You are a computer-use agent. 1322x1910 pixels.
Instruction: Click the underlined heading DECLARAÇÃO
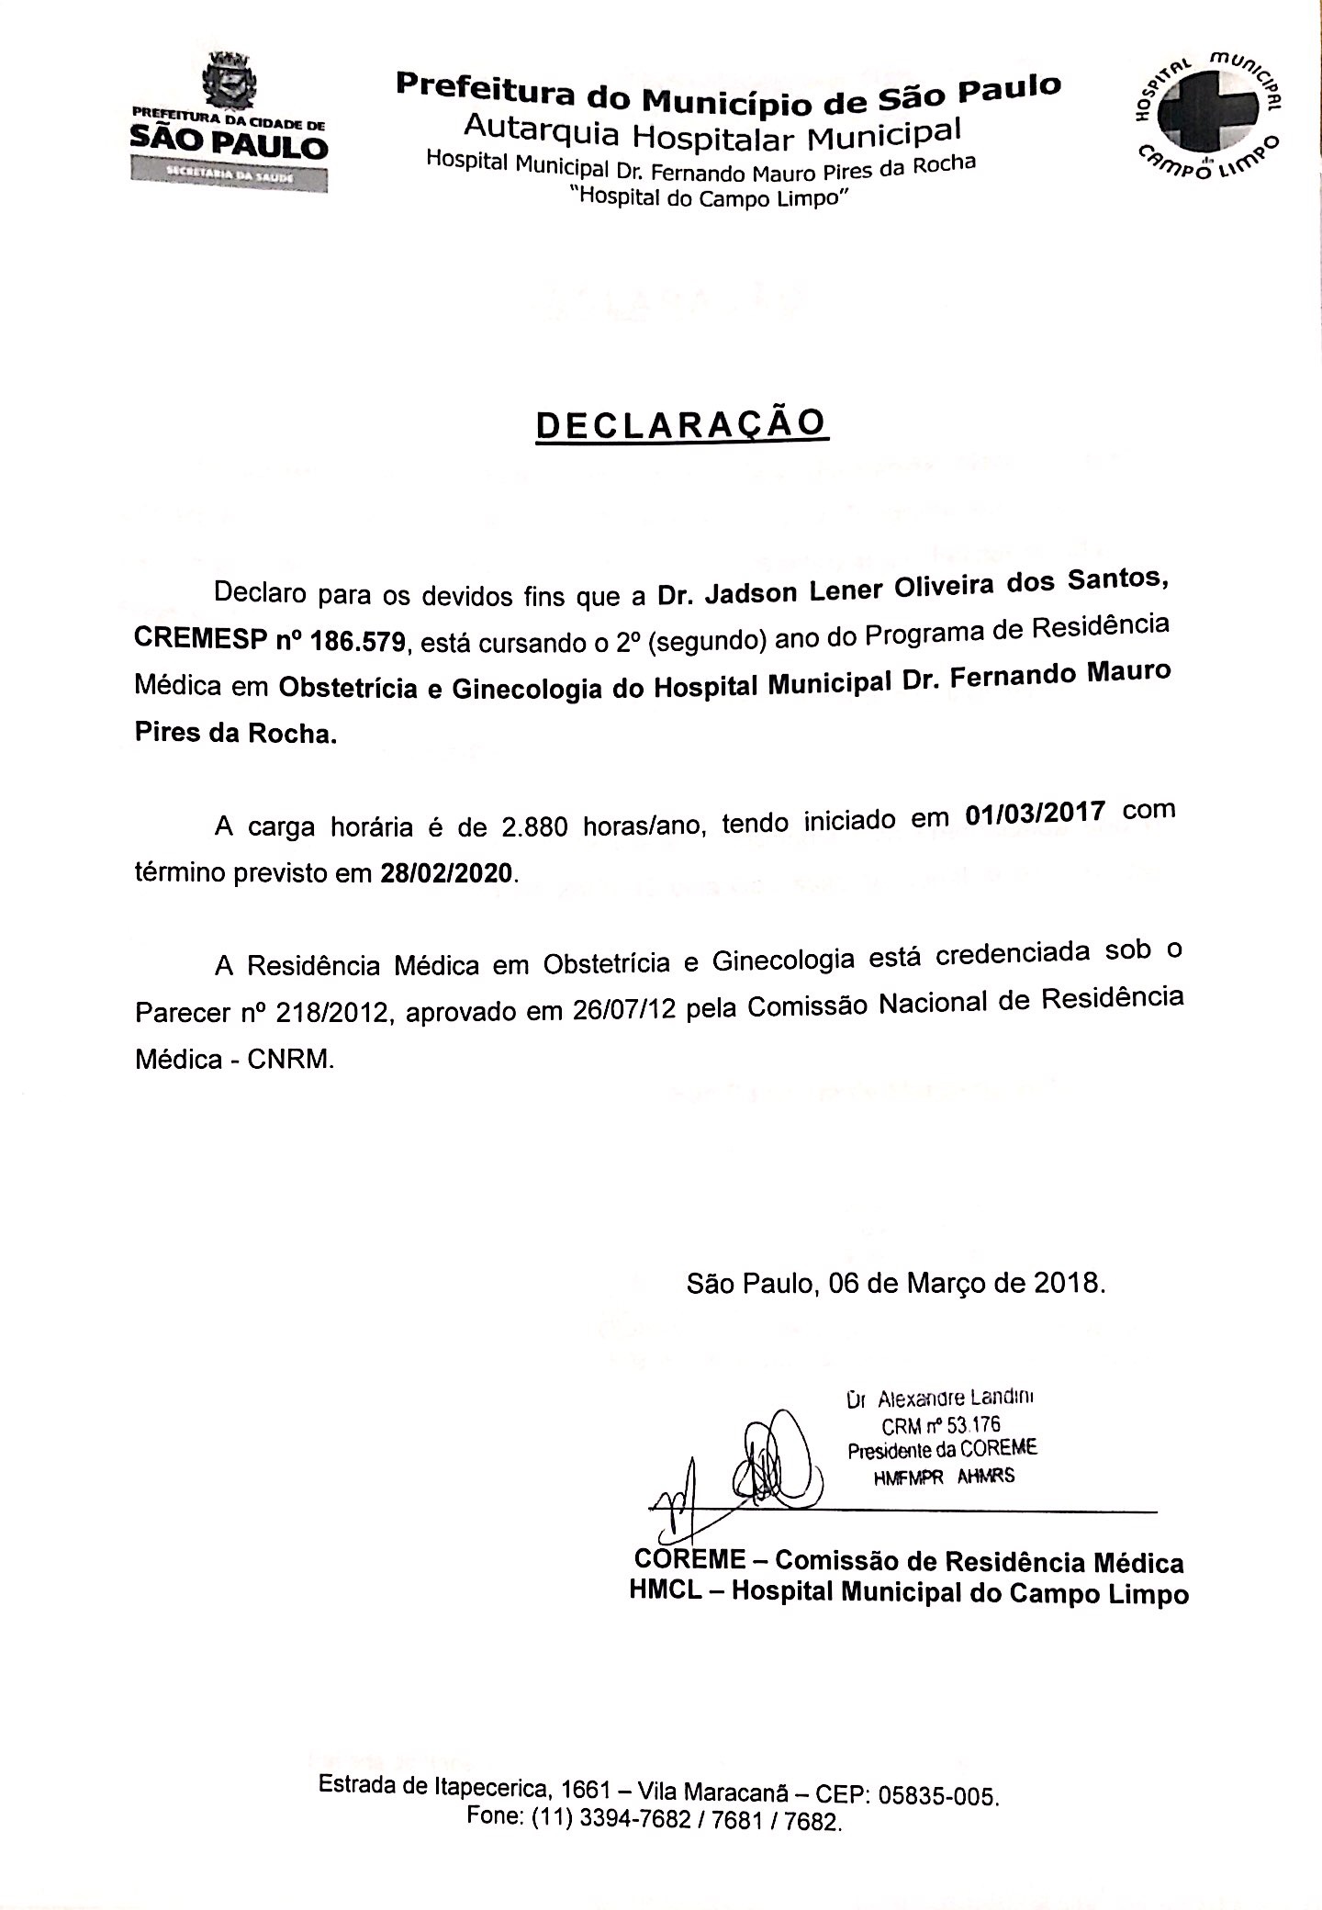(x=681, y=424)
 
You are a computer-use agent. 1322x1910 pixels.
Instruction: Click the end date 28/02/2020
(x=445, y=872)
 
